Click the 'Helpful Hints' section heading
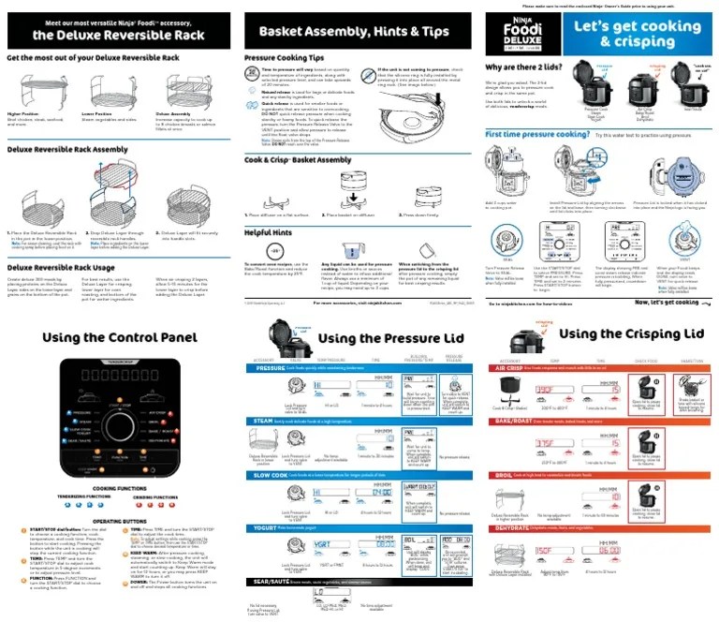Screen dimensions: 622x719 pos(270,231)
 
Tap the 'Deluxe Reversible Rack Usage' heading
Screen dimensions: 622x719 pos(60,267)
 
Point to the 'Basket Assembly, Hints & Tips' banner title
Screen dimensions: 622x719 pos(359,31)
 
